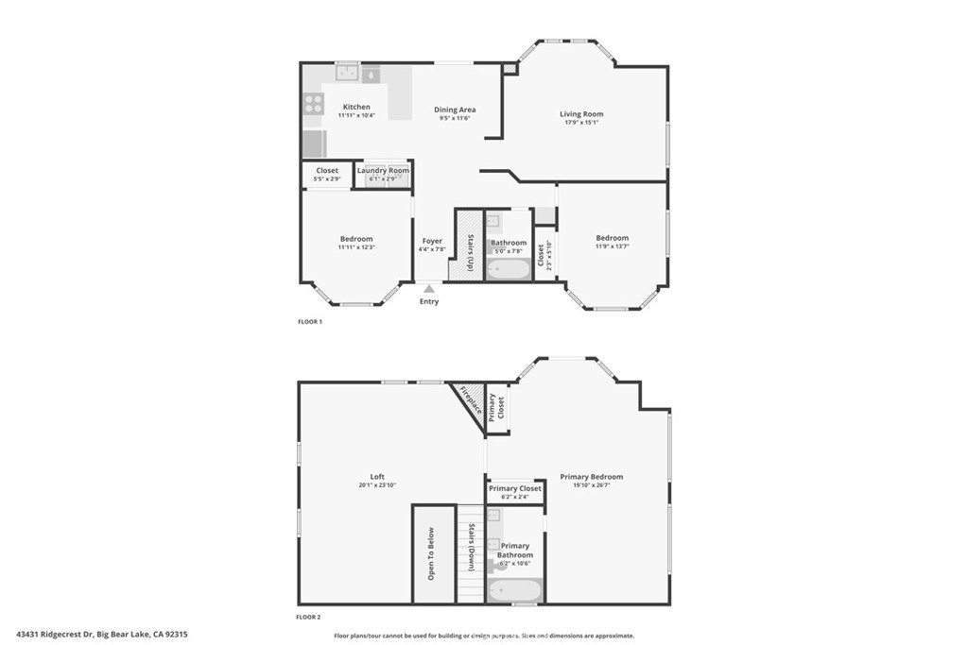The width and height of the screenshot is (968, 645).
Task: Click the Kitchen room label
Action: pos(356,107)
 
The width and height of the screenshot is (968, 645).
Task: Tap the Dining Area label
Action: pos(455,110)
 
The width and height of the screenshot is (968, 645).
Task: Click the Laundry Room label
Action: pos(383,170)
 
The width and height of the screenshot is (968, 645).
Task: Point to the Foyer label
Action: pos(431,241)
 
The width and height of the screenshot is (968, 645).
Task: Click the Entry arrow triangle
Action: pos(429,289)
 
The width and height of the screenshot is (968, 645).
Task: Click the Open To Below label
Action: pos(431,553)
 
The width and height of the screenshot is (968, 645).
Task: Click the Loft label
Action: pos(377,476)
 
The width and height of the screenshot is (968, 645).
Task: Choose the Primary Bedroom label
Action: pos(591,477)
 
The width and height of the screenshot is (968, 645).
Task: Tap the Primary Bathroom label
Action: pos(515,550)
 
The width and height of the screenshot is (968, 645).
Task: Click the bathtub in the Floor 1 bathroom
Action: pos(509,269)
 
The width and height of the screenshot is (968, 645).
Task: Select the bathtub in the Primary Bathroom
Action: pos(514,591)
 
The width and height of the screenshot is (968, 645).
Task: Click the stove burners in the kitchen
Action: pos(313,104)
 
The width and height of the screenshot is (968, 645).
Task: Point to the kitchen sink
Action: pos(347,72)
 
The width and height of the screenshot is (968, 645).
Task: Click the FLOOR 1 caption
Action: pos(310,322)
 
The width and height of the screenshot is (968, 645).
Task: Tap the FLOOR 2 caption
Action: pos(309,617)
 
